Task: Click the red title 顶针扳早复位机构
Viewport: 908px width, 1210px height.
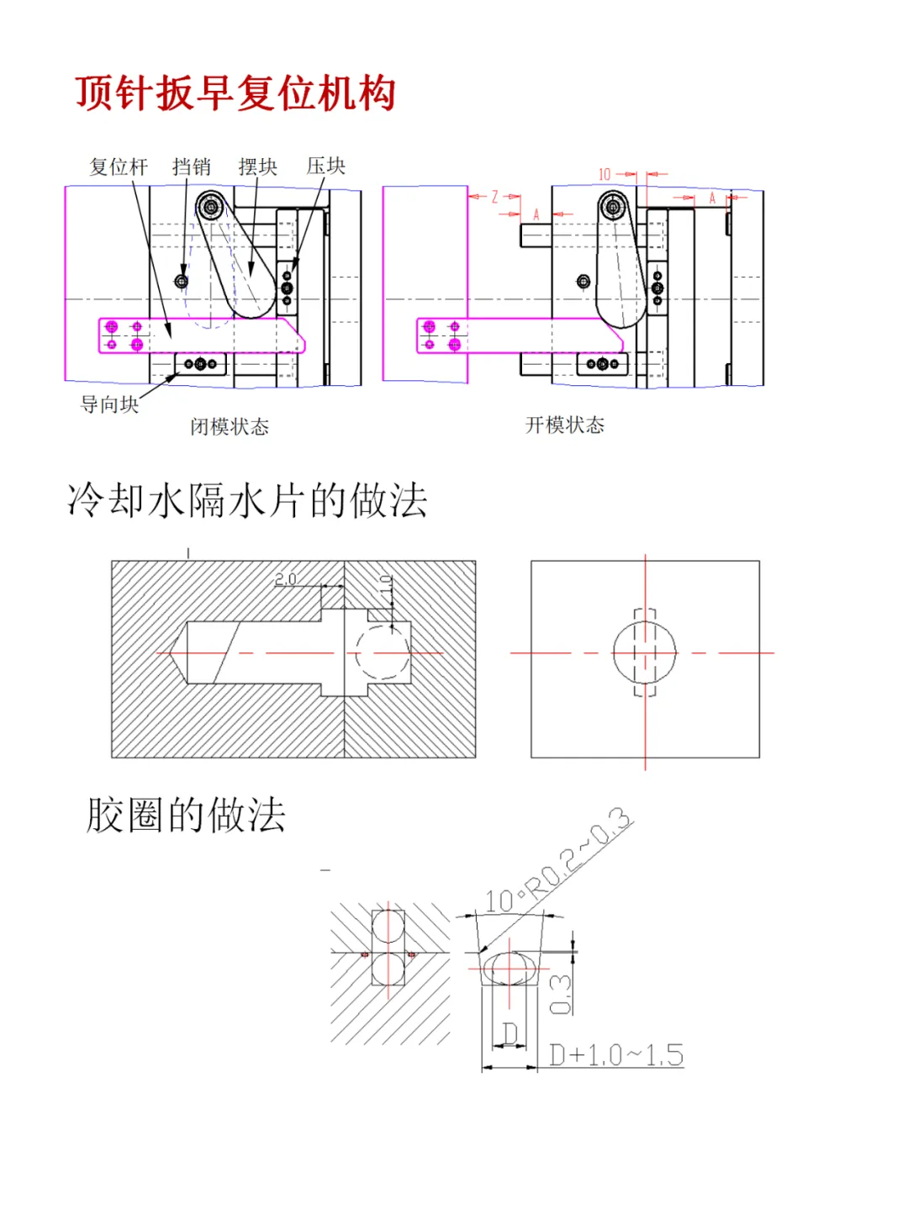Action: point(235,92)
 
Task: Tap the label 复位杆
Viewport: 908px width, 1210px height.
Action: point(119,166)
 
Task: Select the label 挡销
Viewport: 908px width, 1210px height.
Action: point(191,166)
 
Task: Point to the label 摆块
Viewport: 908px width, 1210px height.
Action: point(257,166)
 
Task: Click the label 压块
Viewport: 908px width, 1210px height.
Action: point(325,166)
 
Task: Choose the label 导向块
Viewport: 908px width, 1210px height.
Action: point(109,404)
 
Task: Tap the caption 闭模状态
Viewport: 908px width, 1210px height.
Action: point(230,426)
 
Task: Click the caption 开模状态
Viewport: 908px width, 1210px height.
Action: point(565,425)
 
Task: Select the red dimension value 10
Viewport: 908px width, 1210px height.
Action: point(604,174)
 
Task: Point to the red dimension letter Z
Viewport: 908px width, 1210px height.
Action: point(494,197)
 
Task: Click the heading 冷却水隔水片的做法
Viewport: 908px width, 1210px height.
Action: point(247,500)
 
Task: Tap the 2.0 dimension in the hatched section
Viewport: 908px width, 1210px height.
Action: point(285,579)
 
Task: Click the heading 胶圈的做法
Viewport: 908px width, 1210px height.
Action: point(186,815)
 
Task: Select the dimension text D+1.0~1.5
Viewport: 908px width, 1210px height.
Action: point(616,1055)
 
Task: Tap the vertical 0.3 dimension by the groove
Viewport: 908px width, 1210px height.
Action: point(560,994)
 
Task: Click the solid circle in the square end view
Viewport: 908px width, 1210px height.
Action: point(645,653)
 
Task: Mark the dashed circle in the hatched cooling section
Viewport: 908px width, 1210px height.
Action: point(383,653)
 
